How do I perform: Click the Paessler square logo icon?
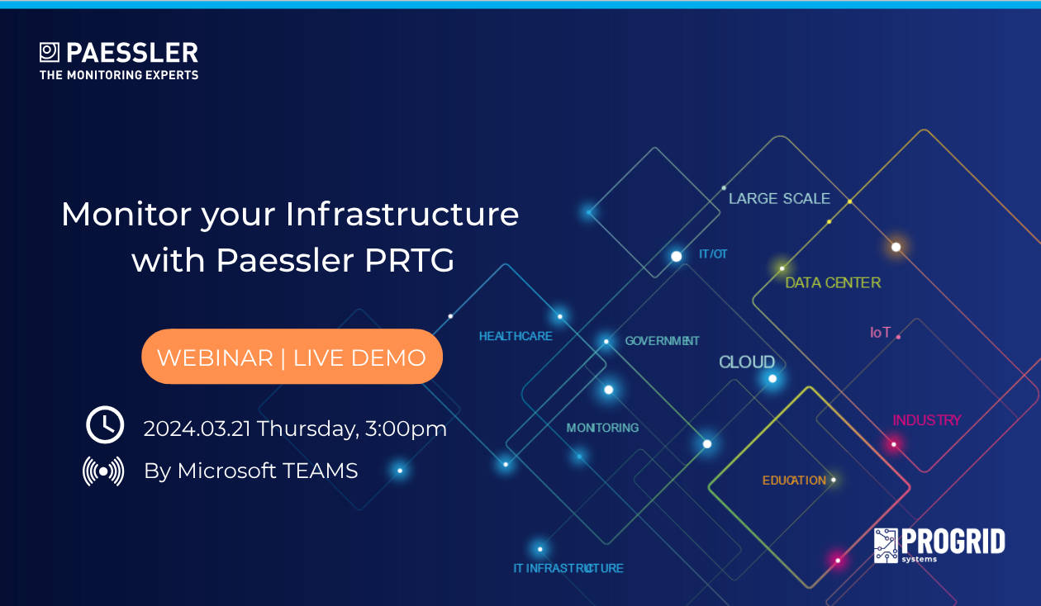click(x=50, y=52)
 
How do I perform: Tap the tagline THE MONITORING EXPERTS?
click(x=119, y=75)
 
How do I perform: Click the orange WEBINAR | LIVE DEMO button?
click(x=292, y=357)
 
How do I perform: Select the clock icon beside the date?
click(x=105, y=425)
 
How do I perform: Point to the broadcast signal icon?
click(x=103, y=471)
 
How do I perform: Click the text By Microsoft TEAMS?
click(x=251, y=471)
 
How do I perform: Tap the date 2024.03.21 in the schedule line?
click(x=197, y=428)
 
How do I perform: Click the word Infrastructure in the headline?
click(x=402, y=214)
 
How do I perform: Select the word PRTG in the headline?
click(x=409, y=260)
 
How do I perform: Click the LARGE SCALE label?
click(x=779, y=199)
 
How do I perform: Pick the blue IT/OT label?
click(x=713, y=254)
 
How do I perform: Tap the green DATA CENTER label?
click(x=833, y=283)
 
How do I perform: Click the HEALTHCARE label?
click(x=516, y=336)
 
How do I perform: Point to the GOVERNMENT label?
click(x=662, y=341)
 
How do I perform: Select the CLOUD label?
click(x=747, y=362)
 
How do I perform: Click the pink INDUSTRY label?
click(x=927, y=420)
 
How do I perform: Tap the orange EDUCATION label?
click(x=794, y=481)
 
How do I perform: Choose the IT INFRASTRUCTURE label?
click(x=568, y=568)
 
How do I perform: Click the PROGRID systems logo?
click(x=939, y=546)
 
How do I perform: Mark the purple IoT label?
click(x=880, y=333)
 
